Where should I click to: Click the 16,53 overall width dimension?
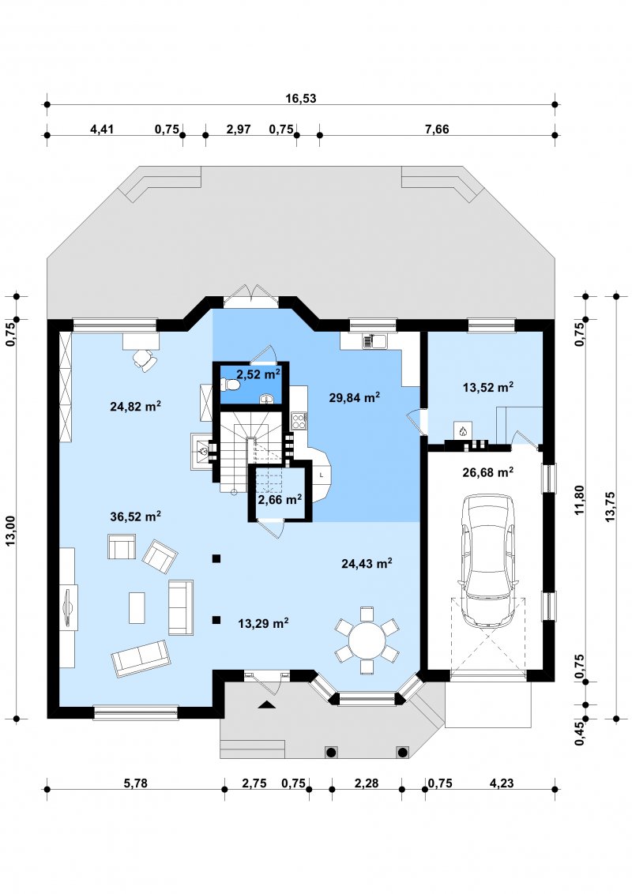pyautogui.click(x=301, y=98)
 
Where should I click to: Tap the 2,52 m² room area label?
pyautogui.click(x=258, y=374)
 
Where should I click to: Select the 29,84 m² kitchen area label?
pyautogui.click(x=354, y=397)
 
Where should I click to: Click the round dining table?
pyautogui.click(x=367, y=640)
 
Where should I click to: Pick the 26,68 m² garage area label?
pyautogui.click(x=487, y=472)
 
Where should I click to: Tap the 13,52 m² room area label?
pyautogui.click(x=487, y=388)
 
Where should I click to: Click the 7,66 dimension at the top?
pyautogui.click(x=437, y=129)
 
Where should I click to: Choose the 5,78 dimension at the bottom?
pyautogui.click(x=135, y=783)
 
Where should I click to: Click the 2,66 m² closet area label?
pyautogui.click(x=280, y=500)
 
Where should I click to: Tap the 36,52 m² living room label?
pyautogui.click(x=135, y=516)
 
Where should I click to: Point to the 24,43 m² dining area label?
pyautogui.click(x=367, y=563)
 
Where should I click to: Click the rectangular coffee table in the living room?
pyautogui.click(x=137, y=608)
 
